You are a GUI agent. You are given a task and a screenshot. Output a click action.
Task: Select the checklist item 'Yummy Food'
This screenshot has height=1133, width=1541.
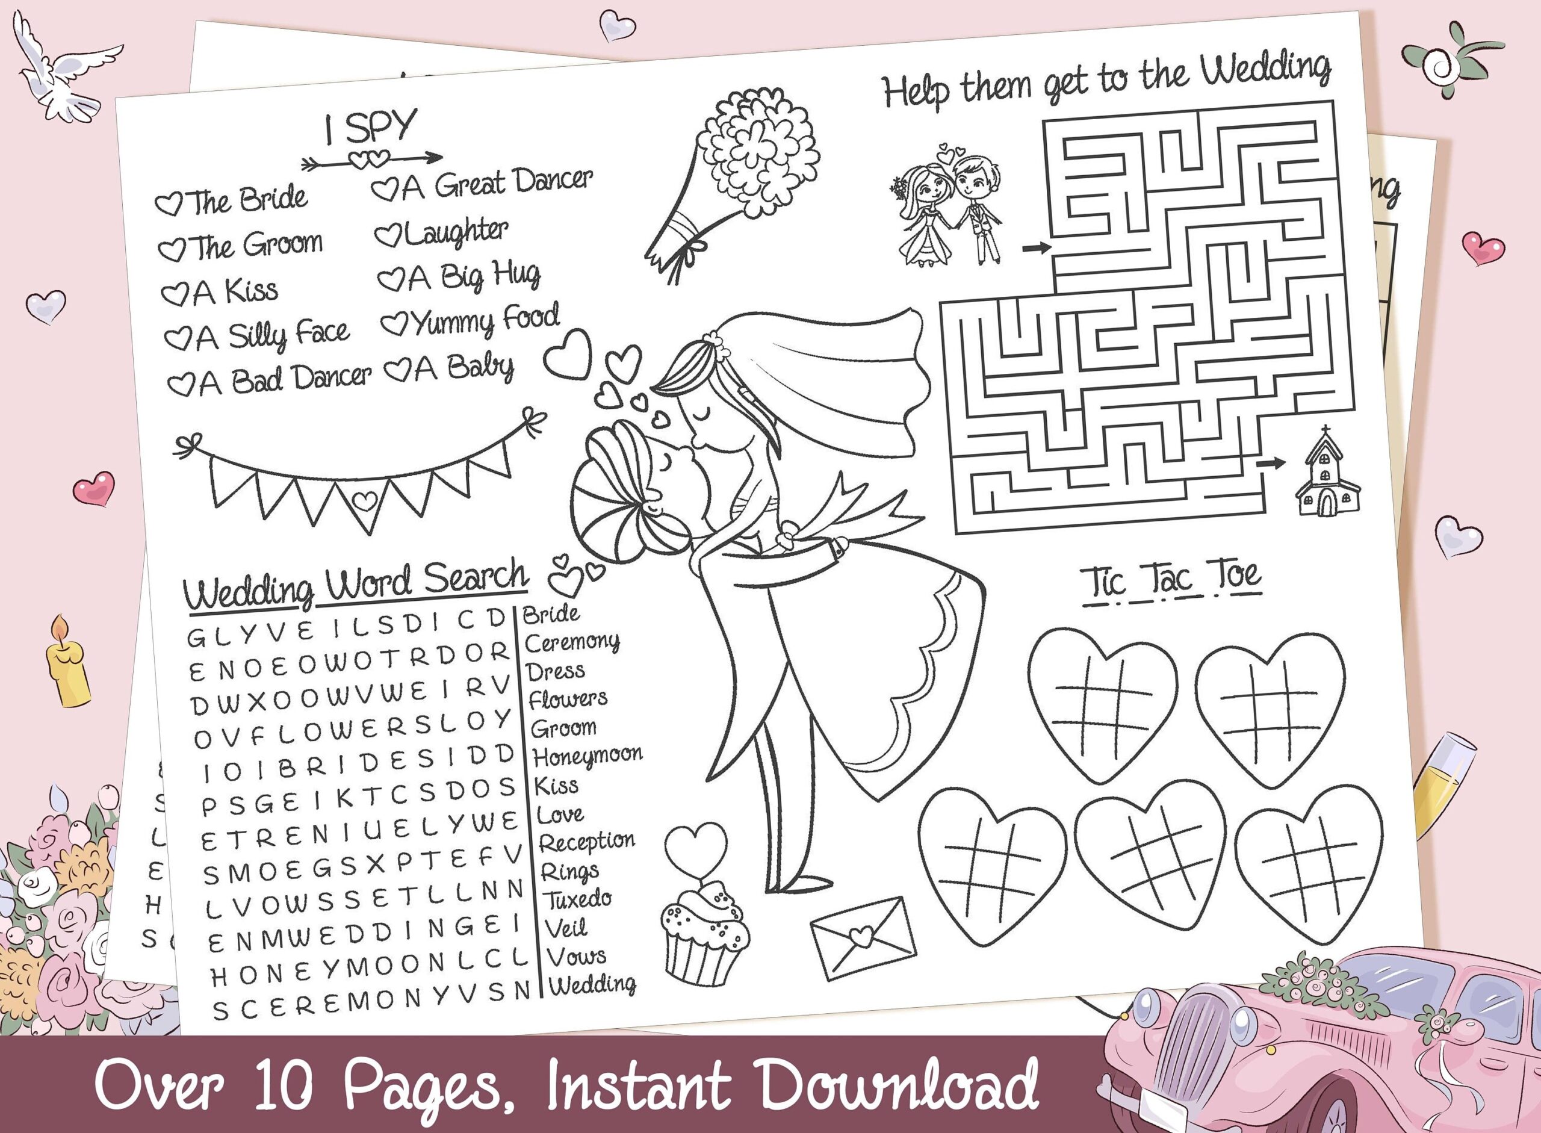(x=471, y=320)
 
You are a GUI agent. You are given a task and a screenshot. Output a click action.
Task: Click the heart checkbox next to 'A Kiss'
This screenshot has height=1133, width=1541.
(x=174, y=294)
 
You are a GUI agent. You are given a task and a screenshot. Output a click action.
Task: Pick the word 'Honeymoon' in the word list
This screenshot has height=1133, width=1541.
(x=587, y=756)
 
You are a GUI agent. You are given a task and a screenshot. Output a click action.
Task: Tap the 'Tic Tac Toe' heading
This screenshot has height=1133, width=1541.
(x=1171, y=579)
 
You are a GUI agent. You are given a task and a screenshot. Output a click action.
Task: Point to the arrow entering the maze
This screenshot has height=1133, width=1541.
(x=1036, y=247)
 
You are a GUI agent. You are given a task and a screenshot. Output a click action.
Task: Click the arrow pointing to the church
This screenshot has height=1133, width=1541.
(x=1271, y=464)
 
